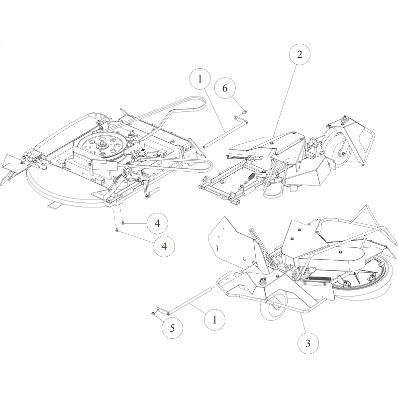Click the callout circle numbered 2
299,54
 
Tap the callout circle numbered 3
308,343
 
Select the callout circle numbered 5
172,328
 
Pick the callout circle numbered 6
225,88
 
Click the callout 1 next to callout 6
200,79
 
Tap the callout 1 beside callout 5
215,320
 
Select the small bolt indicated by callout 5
154,313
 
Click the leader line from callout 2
285,100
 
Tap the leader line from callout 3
303,323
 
